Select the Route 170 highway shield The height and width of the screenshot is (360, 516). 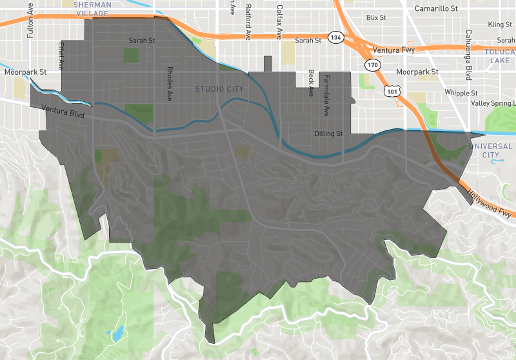[373, 65]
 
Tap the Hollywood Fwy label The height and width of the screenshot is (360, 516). [490, 206]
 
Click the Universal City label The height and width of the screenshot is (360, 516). [492, 150]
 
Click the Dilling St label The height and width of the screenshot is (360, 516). [328, 134]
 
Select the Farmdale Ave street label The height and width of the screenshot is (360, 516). [326, 95]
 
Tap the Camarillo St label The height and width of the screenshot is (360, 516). [436, 8]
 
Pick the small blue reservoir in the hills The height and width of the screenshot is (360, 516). [117, 334]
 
